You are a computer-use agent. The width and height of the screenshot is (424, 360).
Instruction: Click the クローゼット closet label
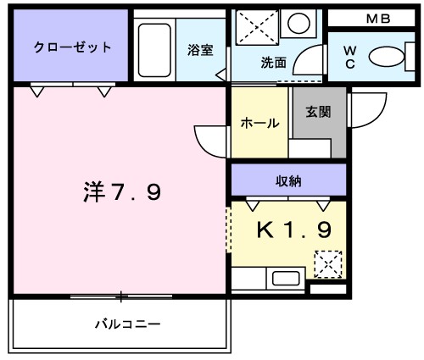coord(72,47)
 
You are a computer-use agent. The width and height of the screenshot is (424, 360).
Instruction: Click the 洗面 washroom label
coord(272,61)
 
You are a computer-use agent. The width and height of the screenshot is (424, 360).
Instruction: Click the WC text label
coord(349,58)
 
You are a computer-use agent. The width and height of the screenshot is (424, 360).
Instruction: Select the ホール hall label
coord(260,123)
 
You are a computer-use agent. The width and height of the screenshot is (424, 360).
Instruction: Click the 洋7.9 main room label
coord(122,194)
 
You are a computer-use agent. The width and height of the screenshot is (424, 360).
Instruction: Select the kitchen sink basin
coord(284,278)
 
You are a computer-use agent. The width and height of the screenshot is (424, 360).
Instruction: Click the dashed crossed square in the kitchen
coord(327,263)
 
